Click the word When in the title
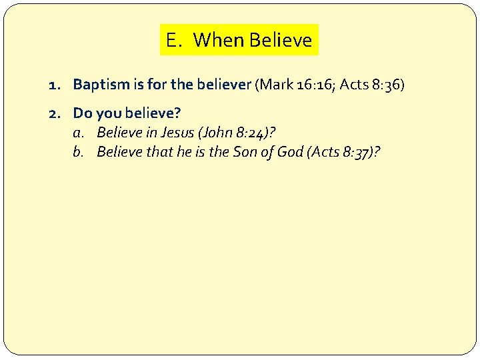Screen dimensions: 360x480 (x=218, y=41)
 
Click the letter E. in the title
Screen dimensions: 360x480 (x=173, y=41)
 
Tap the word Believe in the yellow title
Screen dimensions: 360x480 (x=280, y=41)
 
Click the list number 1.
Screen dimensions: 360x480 (x=54, y=85)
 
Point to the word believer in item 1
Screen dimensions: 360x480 (x=223, y=85)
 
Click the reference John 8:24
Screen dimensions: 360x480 (x=233, y=132)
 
